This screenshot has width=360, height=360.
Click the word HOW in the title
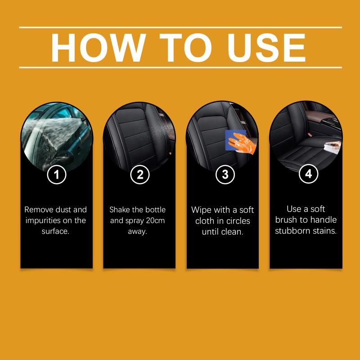[x=99, y=48]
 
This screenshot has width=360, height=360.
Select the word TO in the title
[x=186, y=48]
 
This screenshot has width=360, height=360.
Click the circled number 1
[x=57, y=175]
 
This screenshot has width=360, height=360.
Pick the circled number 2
[x=140, y=175]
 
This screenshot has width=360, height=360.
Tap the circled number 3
[x=225, y=175]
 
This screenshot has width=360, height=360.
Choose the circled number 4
[x=308, y=174]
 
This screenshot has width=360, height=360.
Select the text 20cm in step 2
[x=155, y=220]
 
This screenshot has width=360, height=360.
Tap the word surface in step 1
[x=54, y=231]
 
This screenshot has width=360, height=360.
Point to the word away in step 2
[x=137, y=232]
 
